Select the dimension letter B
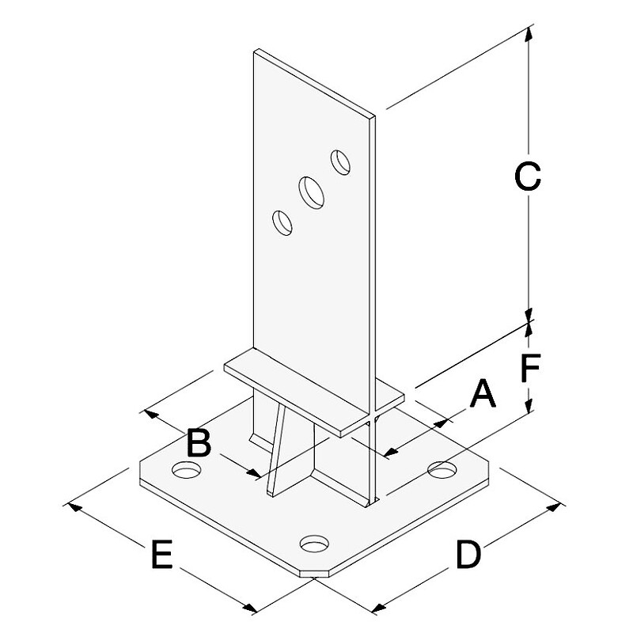click(199, 443)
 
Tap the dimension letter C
click(528, 176)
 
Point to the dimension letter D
click(468, 555)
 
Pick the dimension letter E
click(162, 554)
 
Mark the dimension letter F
click(530, 367)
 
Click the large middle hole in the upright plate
click(311, 192)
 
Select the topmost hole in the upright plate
click(340, 162)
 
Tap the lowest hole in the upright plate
click(282, 223)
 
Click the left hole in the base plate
click(187, 470)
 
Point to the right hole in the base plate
click(442, 470)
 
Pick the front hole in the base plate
click(314, 544)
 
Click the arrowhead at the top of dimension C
click(528, 33)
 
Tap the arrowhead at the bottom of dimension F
click(528, 406)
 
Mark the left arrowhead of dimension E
click(74, 506)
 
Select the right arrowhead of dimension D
click(553, 507)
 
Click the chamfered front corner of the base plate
click(315, 573)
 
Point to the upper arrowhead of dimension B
click(151, 414)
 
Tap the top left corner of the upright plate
click(254, 51)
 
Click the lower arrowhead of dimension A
click(390, 453)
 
